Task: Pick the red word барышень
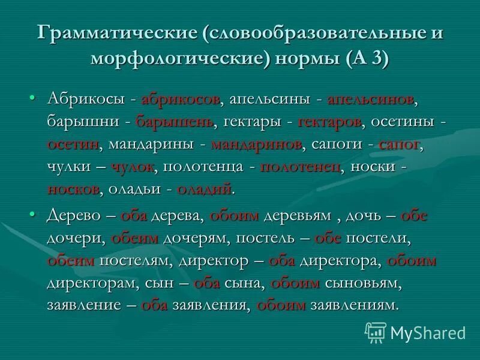click(x=176, y=121)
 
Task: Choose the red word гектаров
click(x=329, y=121)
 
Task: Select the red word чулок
click(x=131, y=167)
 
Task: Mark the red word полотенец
click(x=301, y=167)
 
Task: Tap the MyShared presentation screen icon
click(x=376, y=332)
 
